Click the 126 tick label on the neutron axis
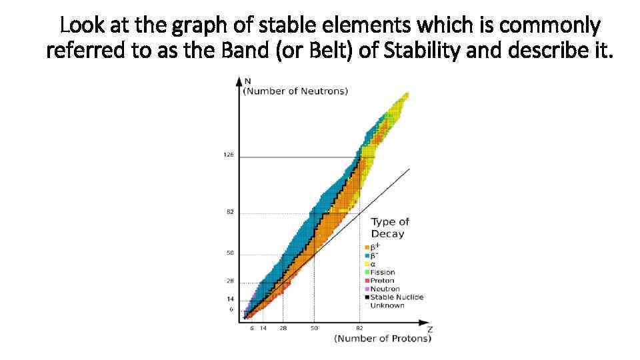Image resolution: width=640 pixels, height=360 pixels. pyautogui.click(x=228, y=155)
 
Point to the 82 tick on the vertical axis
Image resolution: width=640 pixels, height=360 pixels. pyautogui.click(x=230, y=212)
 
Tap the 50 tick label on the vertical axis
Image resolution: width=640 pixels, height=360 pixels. pyautogui.click(x=230, y=253)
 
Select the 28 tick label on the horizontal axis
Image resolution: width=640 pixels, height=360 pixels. pyautogui.click(x=283, y=329)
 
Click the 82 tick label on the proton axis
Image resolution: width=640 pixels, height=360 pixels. pyautogui.click(x=359, y=329)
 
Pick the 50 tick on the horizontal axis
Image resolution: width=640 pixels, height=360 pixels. pyautogui.click(x=314, y=329)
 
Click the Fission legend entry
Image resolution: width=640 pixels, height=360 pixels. pyautogui.click(x=382, y=272)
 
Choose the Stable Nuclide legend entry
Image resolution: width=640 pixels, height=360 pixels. pyautogui.click(x=396, y=297)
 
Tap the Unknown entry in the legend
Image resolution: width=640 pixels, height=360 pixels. pyautogui.click(x=387, y=305)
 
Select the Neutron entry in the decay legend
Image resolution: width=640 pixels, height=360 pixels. pyautogui.click(x=385, y=289)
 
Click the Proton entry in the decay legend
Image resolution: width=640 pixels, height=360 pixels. pyautogui.click(x=382, y=281)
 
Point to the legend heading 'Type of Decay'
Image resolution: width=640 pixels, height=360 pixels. pyautogui.click(x=389, y=227)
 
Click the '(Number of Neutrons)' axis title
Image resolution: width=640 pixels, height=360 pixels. pyautogui.click(x=295, y=91)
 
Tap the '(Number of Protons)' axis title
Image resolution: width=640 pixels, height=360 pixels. pyautogui.click(x=383, y=339)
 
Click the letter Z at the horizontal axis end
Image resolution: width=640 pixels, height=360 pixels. pyautogui.click(x=429, y=329)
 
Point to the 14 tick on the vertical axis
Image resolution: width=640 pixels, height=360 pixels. pyautogui.click(x=230, y=299)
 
